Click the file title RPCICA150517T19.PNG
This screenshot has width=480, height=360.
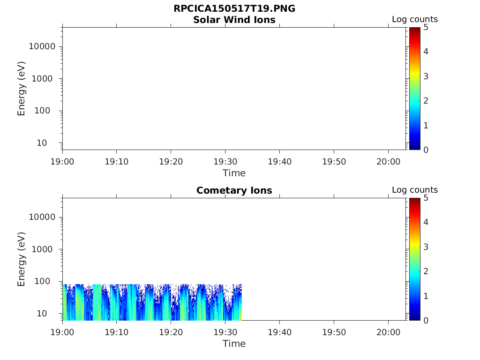point(234,9)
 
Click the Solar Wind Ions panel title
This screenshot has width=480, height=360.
point(234,20)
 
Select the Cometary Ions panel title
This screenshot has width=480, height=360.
point(234,191)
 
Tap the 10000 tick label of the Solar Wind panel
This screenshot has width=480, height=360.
point(43,47)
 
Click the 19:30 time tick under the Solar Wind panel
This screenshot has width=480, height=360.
point(225,162)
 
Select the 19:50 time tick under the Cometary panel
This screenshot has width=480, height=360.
point(334,332)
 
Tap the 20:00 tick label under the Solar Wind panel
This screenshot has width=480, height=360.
point(388,162)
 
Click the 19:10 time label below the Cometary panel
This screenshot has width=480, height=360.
point(117,332)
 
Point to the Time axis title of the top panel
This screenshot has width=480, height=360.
point(234,173)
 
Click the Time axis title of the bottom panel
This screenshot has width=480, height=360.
point(234,344)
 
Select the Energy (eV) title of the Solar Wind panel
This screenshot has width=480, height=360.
point(22,89)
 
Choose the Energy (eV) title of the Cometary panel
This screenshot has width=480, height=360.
point(22,259)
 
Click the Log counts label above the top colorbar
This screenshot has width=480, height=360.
point(414,20)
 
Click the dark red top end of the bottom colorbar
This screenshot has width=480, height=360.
point(414,200)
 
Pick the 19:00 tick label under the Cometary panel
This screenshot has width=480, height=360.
point(62,332)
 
